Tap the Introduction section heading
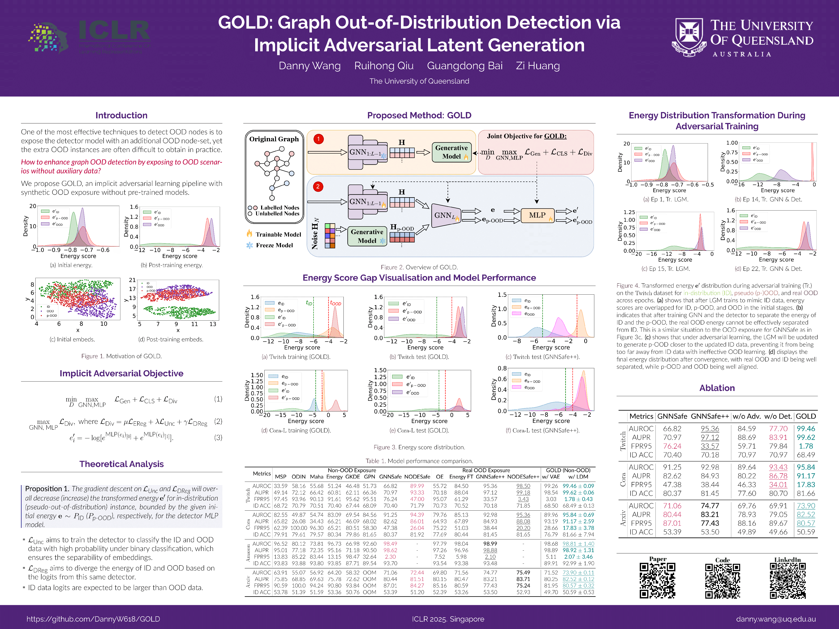[121, 115]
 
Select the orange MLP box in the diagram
[537, 215]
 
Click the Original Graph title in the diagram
[274, 139]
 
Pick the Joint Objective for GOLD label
[527, 136]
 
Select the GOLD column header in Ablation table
[806, 416]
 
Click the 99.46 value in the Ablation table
[806, 429]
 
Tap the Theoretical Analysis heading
[121, 464]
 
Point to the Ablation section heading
[717, 388]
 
